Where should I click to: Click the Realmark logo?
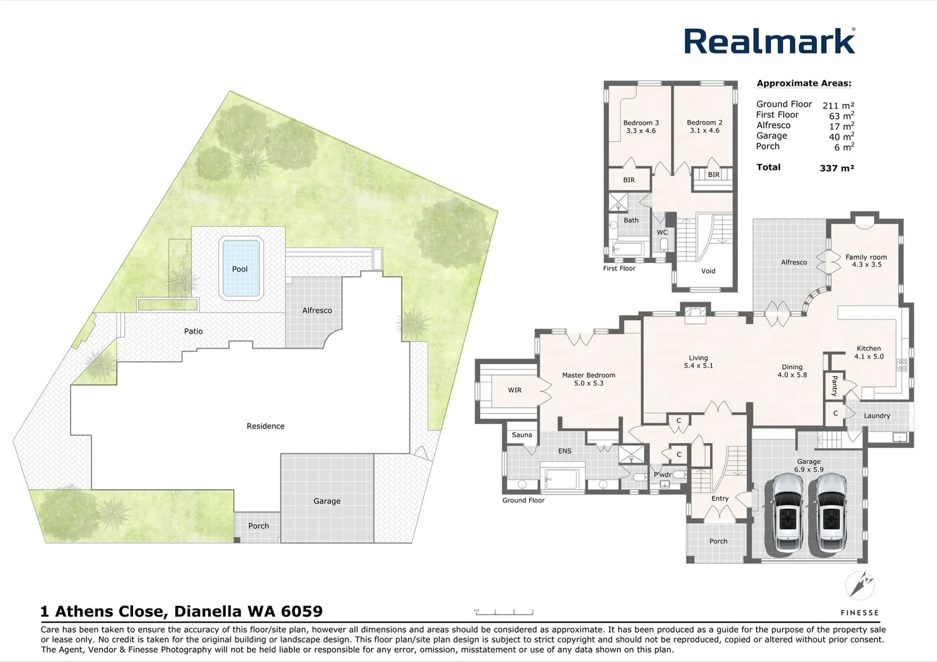point(770,42)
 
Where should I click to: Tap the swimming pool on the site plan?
point(240,268)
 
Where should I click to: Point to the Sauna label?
point(522,435)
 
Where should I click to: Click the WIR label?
point(514,390)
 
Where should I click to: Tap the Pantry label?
point(834,386)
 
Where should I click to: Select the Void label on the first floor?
point(708,271)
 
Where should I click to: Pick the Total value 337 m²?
point(836,168)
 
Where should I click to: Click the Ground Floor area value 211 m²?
point(838,105)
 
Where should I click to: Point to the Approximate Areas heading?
point(803,83)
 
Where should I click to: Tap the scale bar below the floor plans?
point(504,611)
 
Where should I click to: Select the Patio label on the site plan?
point(193,331)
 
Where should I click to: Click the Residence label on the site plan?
point(266,426)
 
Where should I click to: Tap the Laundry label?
point(876,416)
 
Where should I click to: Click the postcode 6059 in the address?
point(302,611)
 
